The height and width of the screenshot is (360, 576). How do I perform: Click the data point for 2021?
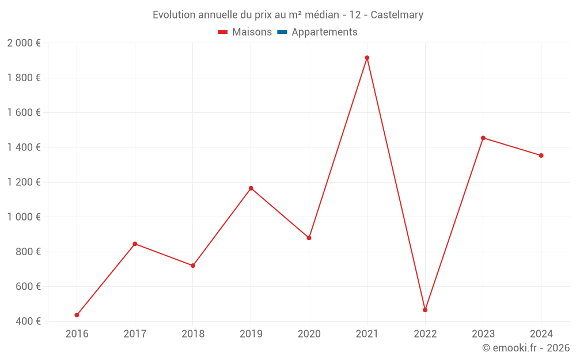tap(367, 58)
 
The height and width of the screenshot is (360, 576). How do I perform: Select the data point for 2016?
tap(77, 315)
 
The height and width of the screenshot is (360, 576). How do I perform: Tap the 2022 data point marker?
tap(425, 310)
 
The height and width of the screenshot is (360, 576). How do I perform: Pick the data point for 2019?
tap(251, 188)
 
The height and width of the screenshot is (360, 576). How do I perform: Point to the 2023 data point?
tap(483, 138)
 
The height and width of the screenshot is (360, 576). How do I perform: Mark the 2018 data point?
tap(193, 266)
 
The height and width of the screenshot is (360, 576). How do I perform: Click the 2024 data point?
tap(541, 156)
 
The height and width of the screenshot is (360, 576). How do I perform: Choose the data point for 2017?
tap(135, 244)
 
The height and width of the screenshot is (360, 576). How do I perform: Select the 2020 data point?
tap(309, 238)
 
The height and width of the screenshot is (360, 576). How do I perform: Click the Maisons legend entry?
tap(245, 32)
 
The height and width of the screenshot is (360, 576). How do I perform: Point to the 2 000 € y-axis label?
tap(24, 43)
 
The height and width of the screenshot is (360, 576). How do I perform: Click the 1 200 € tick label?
tap(24, 182)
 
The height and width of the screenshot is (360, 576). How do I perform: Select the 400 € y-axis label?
tap(27, 321)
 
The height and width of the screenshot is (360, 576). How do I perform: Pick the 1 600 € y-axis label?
tap(24, 112)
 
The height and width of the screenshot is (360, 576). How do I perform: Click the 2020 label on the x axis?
tap(309, 334)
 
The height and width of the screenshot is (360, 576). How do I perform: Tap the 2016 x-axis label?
tap(77, 334)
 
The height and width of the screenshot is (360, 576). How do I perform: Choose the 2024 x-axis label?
tap(541, 334)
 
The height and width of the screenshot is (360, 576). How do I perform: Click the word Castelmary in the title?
tap(397, 15)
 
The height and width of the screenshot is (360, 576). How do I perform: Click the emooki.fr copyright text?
tap(526, 348)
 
